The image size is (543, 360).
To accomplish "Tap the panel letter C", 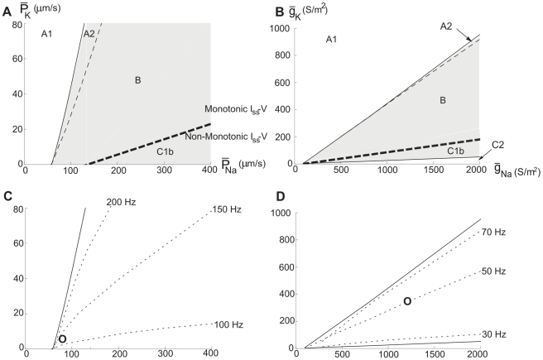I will point(7,196).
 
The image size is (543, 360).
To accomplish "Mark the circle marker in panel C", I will point(62,338).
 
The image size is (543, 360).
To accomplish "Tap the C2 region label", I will point(499,146).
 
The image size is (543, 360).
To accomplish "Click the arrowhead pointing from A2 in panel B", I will point(479,36).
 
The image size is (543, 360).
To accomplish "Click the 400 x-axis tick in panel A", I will point(210,170).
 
